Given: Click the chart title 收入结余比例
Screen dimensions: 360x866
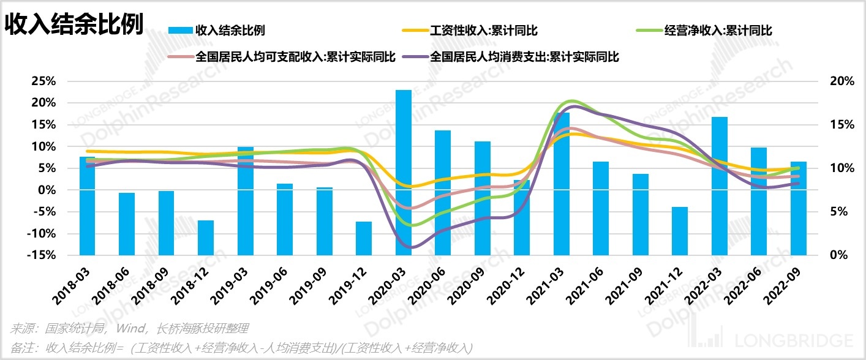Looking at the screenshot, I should tap(75, 24).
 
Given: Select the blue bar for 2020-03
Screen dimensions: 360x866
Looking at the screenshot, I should tap(403, 172).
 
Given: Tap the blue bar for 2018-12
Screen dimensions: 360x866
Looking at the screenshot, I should tap(206, 238).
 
